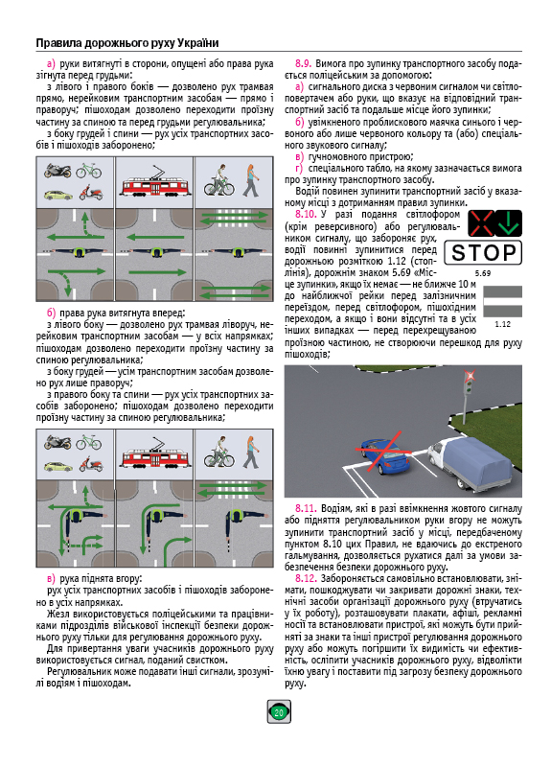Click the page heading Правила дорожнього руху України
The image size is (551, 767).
point(127,43)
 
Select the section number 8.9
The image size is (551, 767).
point(303,63)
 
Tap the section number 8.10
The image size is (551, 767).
point(306,214)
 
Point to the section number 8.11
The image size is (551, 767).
point(306,509)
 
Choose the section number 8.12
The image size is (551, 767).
point(306,579)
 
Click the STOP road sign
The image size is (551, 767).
point(483,252)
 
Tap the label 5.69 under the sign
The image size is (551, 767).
point(483,273)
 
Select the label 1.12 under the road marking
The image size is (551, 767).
point(502,324)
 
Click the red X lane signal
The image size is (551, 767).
point(481,223)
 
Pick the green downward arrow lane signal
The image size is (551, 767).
point(509,223)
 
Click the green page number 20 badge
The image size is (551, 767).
point(279,711)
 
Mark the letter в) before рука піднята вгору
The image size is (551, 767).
point(52,579)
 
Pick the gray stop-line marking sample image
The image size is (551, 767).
point(502,302)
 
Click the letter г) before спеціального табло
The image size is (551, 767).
point(299,169)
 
